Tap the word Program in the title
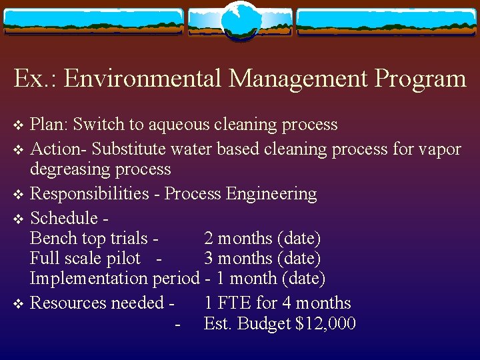420,79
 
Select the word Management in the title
297,79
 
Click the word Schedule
64,217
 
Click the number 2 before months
209,238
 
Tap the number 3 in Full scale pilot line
209,258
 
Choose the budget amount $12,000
325,324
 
